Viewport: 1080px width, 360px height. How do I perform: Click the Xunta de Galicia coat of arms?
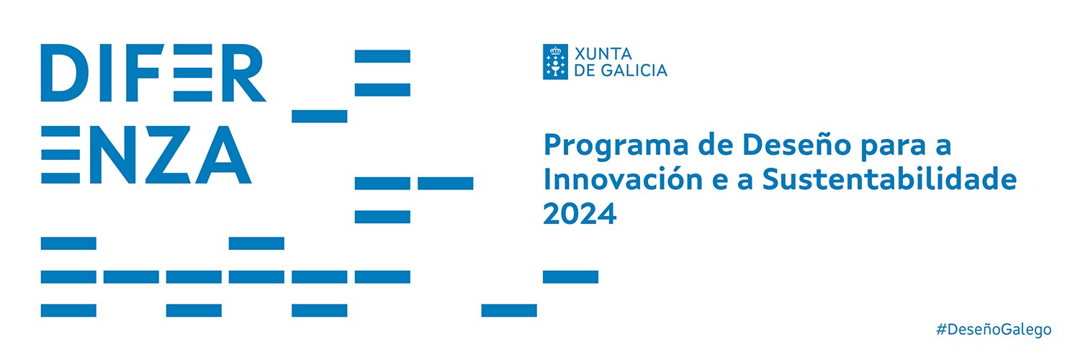point(556,61)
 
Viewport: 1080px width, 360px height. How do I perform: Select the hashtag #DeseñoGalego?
point(994,329)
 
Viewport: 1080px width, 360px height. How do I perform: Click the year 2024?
point(580,214)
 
